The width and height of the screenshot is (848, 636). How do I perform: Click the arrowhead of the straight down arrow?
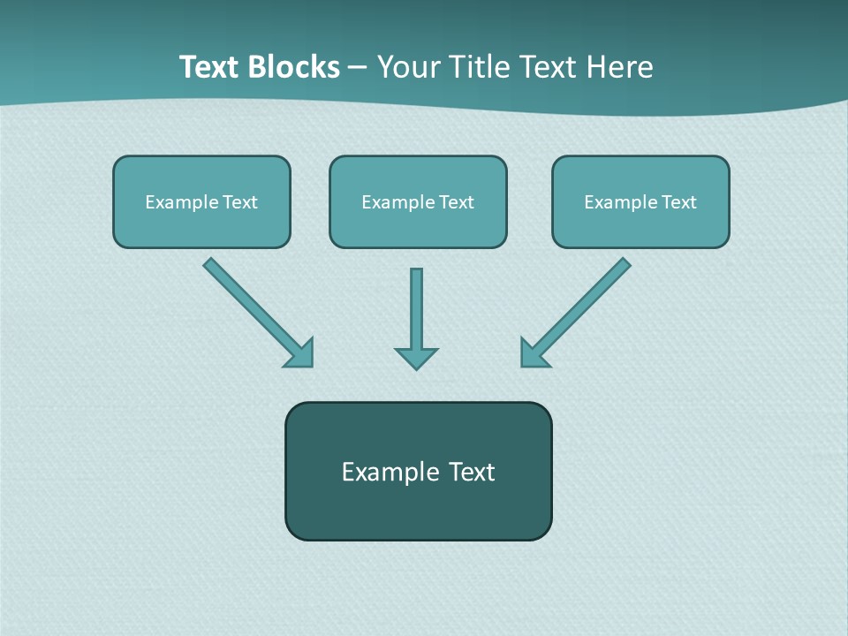416,358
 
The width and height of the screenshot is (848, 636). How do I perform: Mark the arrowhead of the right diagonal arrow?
533,354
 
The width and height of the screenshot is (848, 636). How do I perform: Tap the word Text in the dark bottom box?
472,472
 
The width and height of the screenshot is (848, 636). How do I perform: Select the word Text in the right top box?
678,202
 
